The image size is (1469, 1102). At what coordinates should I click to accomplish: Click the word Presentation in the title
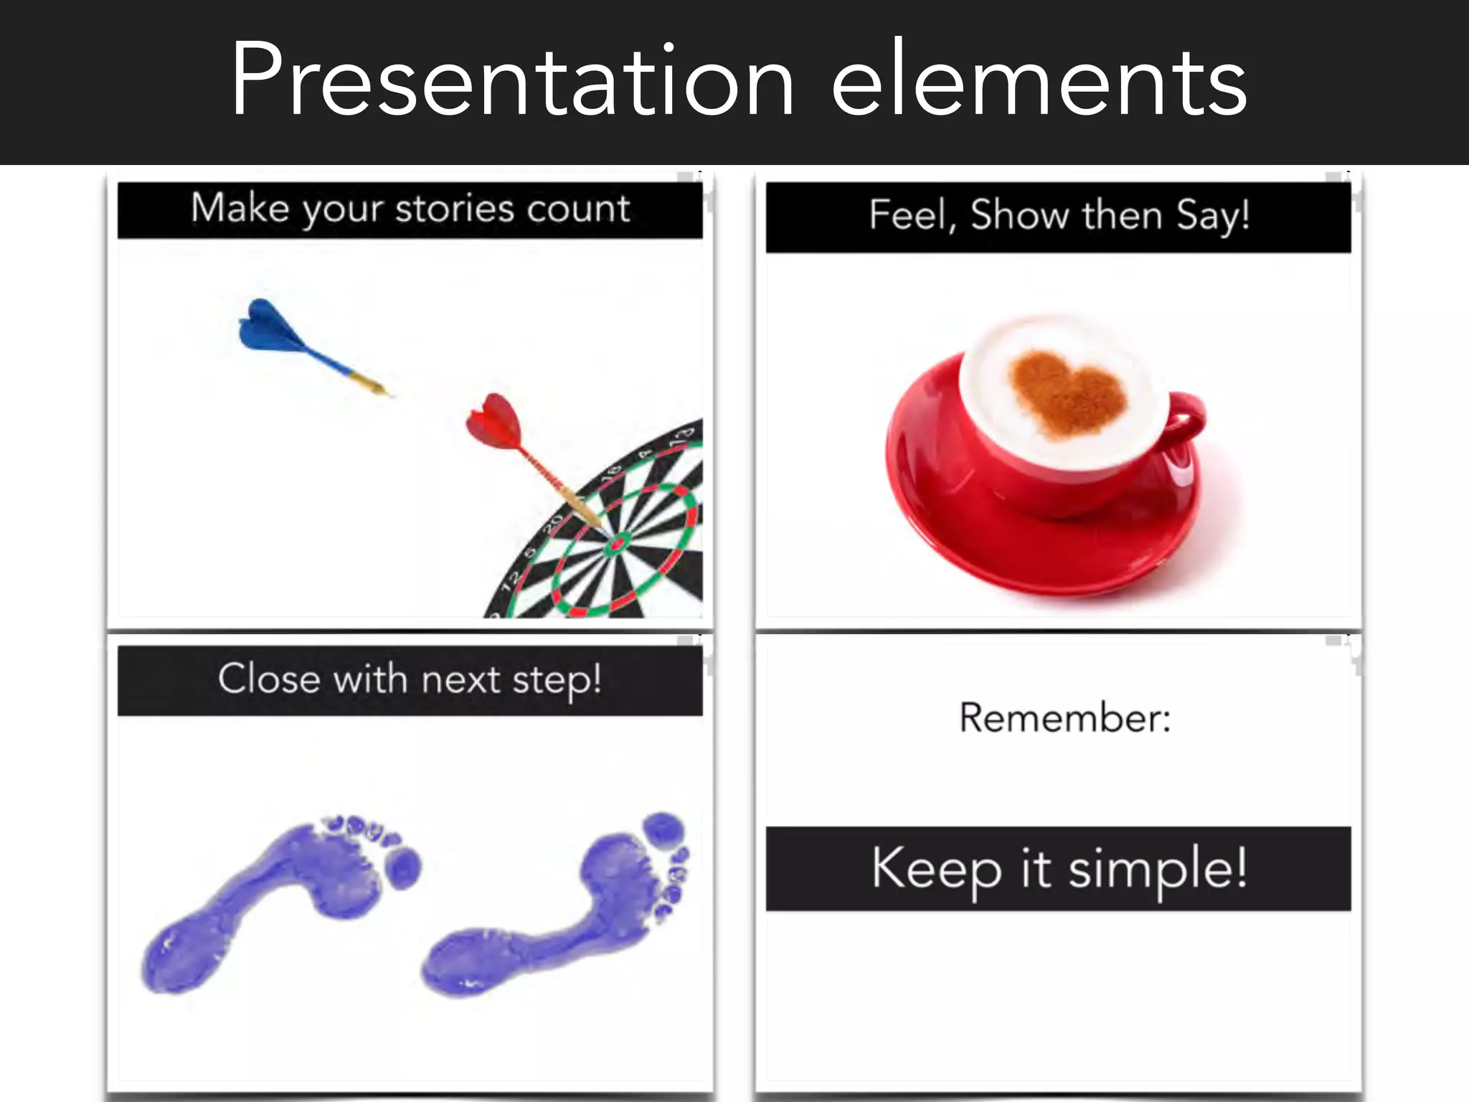click(x=512, y=80)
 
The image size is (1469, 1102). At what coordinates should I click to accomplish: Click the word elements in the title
click(x=1039, y=80)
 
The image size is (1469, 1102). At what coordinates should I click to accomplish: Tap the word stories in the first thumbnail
click(x=455, y=209)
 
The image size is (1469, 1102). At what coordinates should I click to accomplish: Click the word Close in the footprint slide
click(x=269, y=679)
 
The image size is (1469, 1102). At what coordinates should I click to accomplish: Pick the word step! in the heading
click(x=557, y=680)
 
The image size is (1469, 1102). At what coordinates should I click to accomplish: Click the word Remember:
click(x=1065, y=717)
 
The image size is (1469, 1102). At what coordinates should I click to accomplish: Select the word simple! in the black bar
click(x=1158, y=870)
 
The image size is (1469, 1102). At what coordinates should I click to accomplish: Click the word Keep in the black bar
click(x=936, y=870)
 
